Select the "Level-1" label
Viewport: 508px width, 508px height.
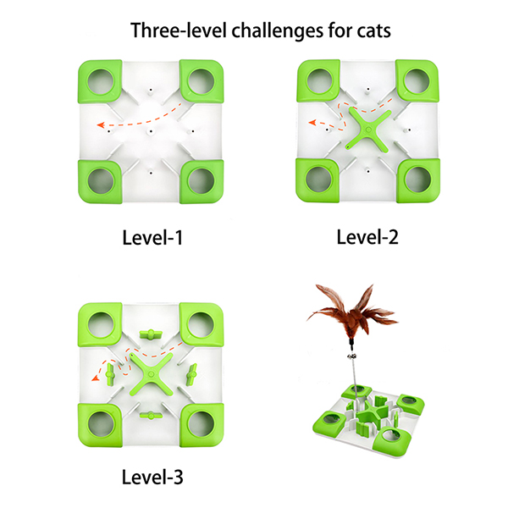[152, 237]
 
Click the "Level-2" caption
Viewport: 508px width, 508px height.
[367, 237]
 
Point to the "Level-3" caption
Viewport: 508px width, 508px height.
[152, 477]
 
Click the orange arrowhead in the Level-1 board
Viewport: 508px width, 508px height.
[101, 124]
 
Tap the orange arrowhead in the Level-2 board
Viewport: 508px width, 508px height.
[312, 122]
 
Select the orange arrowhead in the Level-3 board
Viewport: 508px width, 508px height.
[96, 377]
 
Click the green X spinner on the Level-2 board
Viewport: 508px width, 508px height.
[368, 130]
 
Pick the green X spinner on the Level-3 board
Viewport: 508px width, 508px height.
[151, 374]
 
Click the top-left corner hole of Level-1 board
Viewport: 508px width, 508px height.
[101, 81]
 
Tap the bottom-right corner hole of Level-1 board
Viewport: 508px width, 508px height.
[201, 181]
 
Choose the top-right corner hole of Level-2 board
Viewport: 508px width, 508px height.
[417, 81]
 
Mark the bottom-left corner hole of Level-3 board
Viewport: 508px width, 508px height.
[101, 424]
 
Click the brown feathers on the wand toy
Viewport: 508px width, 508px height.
[353, 312]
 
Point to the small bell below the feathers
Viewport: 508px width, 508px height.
[352, 356]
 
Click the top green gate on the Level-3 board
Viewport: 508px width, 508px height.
[151, 334]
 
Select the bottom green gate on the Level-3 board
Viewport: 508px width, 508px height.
[151, 415]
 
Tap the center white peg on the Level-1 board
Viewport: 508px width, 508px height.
[151, 132]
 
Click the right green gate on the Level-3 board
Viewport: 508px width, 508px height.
[192, 374]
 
